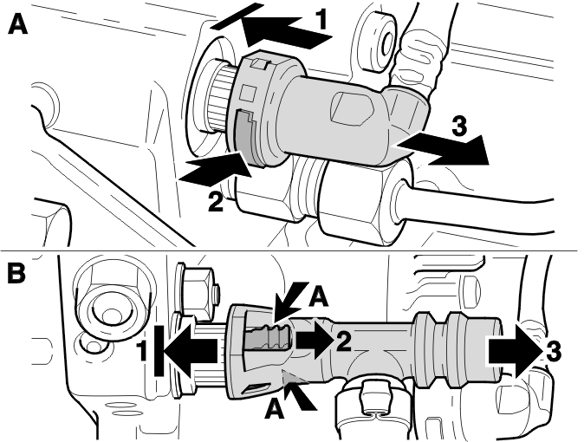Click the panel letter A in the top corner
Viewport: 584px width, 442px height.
click(17, 24)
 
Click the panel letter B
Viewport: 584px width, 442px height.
click(16, 273)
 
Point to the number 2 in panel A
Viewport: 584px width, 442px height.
click(215, 202)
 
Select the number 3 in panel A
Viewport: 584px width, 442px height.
click(459, 126)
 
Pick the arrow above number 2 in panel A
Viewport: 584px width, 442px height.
click(215, 170)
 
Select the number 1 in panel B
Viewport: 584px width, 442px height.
click(142, 350)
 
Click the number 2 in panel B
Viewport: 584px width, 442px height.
click(343, 341)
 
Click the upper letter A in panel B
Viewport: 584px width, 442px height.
click(319, 297)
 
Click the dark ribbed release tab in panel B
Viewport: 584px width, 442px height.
click(268, 338)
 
